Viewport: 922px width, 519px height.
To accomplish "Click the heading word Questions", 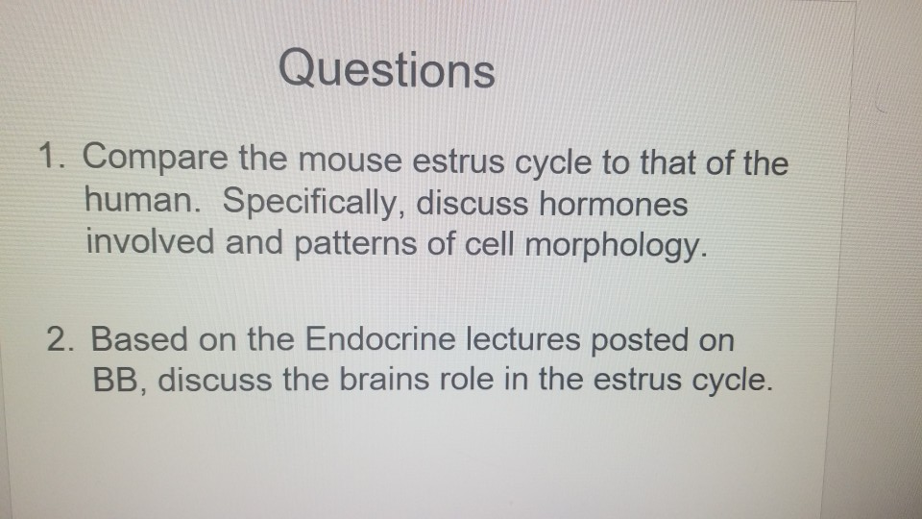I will [387, 70].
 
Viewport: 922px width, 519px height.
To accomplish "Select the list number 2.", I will [61, 339].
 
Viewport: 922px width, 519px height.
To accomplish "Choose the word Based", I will [140, 339].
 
